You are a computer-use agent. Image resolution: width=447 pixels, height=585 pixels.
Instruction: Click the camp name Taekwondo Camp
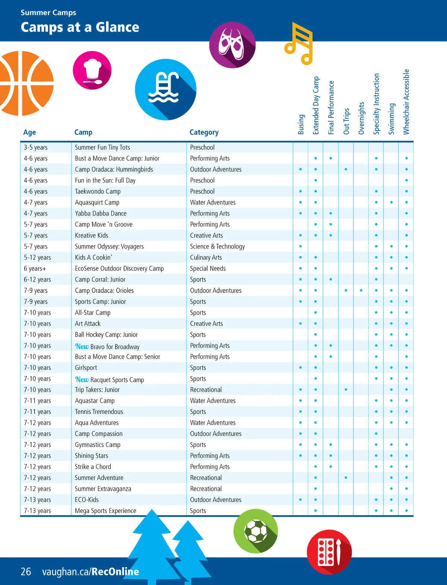pos(98,191)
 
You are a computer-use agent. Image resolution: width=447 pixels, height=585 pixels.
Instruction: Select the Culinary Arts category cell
pos(206,257)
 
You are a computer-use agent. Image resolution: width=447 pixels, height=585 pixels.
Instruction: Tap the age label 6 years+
pos(35,268)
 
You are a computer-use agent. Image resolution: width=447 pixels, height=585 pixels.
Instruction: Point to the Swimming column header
pos(391,119)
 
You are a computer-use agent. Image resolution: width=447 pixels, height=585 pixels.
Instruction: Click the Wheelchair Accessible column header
pos(406,102)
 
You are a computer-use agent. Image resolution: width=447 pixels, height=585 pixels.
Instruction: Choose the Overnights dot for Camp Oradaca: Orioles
pos(361,290)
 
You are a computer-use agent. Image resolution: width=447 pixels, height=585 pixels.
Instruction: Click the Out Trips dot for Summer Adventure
pos(346,478)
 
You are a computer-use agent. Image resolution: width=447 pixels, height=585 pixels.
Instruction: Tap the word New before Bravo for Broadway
pos(82,346)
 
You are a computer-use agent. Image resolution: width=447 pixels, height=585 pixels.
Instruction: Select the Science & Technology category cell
pos(217,246)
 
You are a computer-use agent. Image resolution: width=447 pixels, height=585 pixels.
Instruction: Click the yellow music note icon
pos(299,43)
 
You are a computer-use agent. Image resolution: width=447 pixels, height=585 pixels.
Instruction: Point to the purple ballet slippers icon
pos(232,45)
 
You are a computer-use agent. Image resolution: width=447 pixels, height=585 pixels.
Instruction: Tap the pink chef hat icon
pos(92,70)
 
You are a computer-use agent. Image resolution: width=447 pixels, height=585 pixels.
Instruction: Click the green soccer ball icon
pos(256,531)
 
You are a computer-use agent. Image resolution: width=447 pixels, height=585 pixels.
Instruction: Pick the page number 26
pos(26,572)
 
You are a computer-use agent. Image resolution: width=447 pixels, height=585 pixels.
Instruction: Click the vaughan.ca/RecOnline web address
pos(91,572)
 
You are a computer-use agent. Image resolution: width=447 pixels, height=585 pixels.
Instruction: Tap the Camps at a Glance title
pos(80,27)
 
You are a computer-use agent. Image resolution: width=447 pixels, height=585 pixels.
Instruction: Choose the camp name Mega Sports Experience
pos(105,511)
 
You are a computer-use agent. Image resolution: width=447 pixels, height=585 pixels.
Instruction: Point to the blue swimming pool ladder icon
pos(165,89)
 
